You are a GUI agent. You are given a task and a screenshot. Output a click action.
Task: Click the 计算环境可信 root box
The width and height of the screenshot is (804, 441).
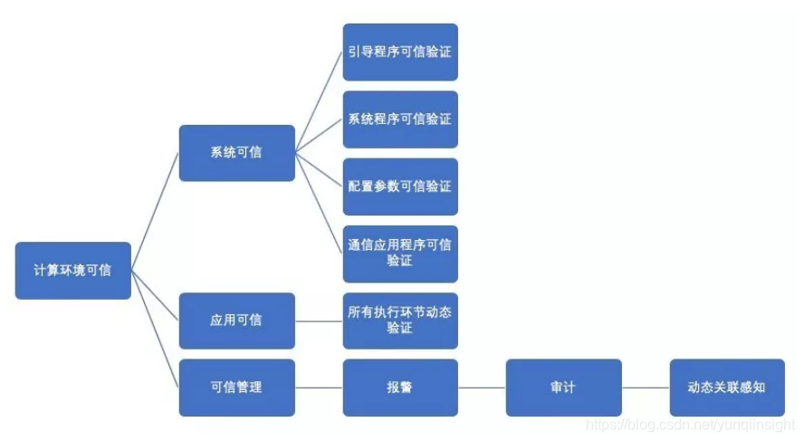point(72,270)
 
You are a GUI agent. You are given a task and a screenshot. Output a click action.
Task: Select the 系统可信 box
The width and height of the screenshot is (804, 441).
point(236,152)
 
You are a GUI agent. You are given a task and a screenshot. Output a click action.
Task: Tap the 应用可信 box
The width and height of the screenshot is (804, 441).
point(236,321)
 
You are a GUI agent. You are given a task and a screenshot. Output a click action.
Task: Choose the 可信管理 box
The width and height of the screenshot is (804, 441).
point(236,388)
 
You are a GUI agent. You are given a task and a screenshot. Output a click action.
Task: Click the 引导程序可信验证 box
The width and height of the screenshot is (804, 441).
point(400,52)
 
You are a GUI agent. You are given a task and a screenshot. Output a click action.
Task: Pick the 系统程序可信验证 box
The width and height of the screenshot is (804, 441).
point(400,119)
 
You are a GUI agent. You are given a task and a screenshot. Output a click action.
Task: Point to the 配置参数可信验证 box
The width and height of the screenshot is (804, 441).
point(400,186)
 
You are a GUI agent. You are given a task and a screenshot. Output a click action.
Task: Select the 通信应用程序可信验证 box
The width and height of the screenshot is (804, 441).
point(400,254)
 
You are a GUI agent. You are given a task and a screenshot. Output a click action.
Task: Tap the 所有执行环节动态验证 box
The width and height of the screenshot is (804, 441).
point(400,321)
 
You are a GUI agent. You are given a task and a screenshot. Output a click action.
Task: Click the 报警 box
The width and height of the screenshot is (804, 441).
point(400,388)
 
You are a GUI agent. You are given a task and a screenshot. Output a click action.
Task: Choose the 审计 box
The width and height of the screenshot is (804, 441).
point(563,388)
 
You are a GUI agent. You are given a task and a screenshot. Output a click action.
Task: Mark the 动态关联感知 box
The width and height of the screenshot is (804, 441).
point(726,388)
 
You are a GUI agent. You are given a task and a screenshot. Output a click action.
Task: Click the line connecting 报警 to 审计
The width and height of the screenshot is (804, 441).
point(482,388)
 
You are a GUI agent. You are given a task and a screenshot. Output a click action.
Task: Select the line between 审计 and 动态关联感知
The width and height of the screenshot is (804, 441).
point(646,388)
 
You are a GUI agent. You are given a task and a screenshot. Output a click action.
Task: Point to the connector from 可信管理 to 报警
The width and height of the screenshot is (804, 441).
point(319,388)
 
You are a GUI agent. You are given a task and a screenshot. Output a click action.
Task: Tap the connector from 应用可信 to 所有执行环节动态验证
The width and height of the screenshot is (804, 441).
point(319,321)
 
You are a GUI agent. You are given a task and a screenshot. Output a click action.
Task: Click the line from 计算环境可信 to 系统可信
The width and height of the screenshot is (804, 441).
point(155,210)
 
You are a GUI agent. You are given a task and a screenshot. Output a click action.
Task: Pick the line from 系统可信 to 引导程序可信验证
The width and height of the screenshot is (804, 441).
point(319,102)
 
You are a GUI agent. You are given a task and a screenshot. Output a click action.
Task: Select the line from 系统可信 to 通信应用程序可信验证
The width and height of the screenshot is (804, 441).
point(319,202)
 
